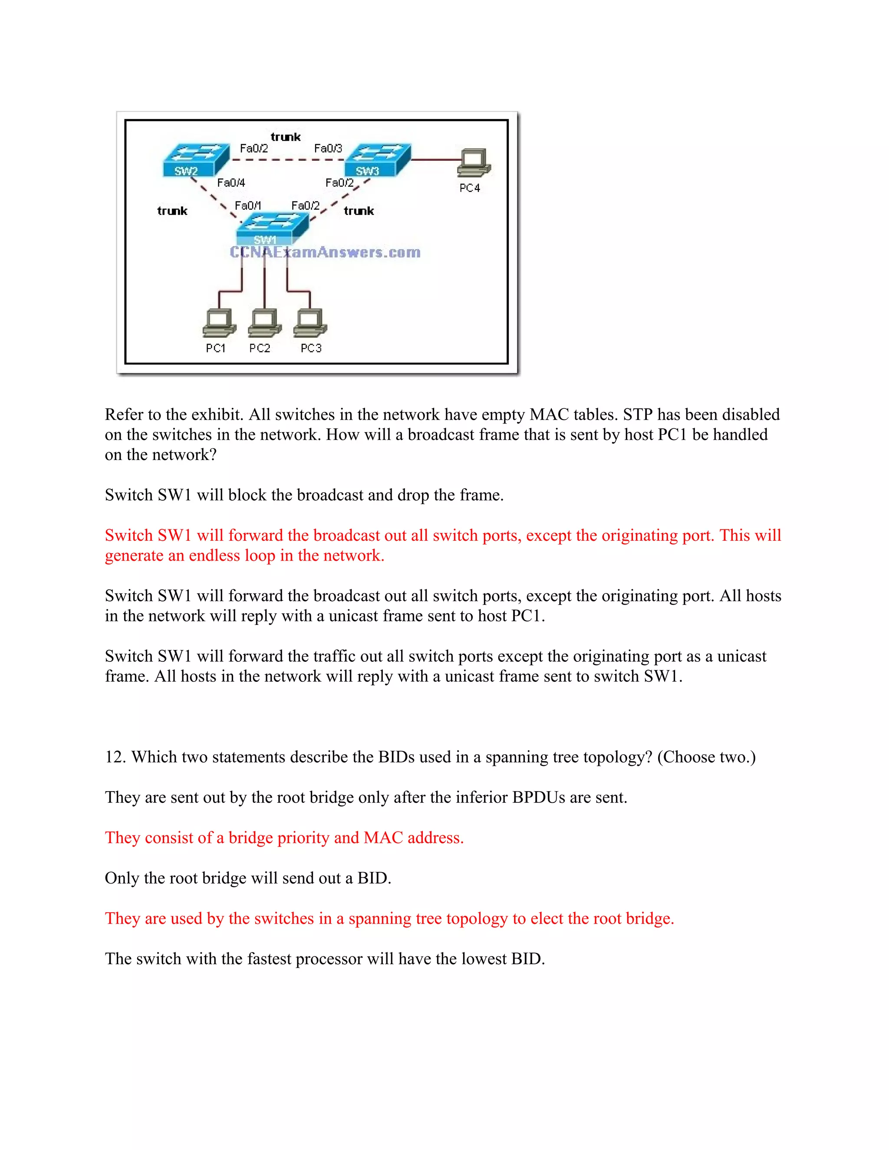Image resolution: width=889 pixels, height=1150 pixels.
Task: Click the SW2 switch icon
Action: pyautogui.click(x=195, y=160)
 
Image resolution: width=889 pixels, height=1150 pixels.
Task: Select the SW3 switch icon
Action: pyautogui.click(x=377, y=160)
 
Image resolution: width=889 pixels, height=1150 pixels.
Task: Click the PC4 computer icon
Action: pyautogui.click(x=474, y=163)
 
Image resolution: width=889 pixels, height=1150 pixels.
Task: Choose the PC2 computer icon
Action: pyautogui.click(x=264, y=323)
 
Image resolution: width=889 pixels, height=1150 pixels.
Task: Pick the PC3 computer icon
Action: pyautogui.click(x=310, y=323)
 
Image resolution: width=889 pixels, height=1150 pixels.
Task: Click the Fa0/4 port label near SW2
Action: pyautogui.click(x=231, y=183)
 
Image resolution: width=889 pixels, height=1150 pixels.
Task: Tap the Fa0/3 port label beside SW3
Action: pyautogui.click(x=328, y=148)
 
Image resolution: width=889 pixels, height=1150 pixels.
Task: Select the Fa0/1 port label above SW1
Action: pyautogui.click(x=247, y=205)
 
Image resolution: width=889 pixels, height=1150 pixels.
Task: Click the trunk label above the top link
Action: pyautogui.click(x=286, y=137)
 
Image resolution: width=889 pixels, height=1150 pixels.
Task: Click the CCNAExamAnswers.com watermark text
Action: pyautogui.click(x=325, y=252)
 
